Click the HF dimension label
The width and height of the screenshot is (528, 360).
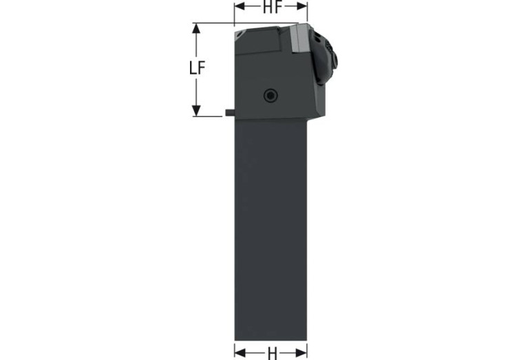272,7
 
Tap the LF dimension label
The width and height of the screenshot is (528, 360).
197,68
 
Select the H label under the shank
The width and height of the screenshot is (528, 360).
272,354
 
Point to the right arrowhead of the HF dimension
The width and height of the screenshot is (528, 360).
302,6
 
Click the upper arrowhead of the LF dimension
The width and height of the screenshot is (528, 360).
196,28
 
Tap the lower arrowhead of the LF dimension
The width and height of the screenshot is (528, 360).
196,111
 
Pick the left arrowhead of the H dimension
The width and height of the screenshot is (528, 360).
240,353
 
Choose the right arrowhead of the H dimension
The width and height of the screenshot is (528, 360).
302,353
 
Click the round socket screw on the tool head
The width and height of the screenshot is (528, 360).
271,96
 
